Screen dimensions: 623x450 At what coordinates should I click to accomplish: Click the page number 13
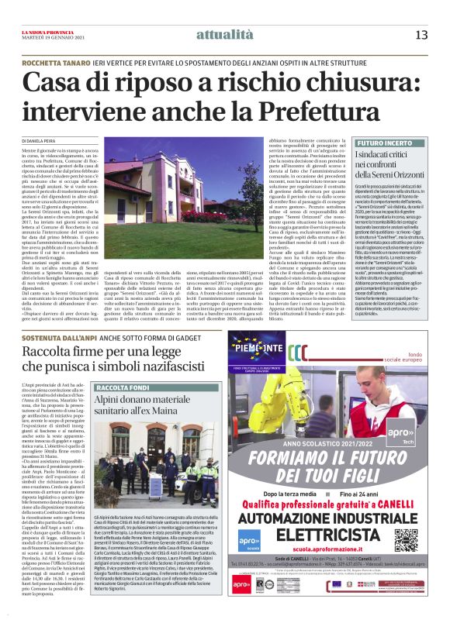point(421,34)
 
